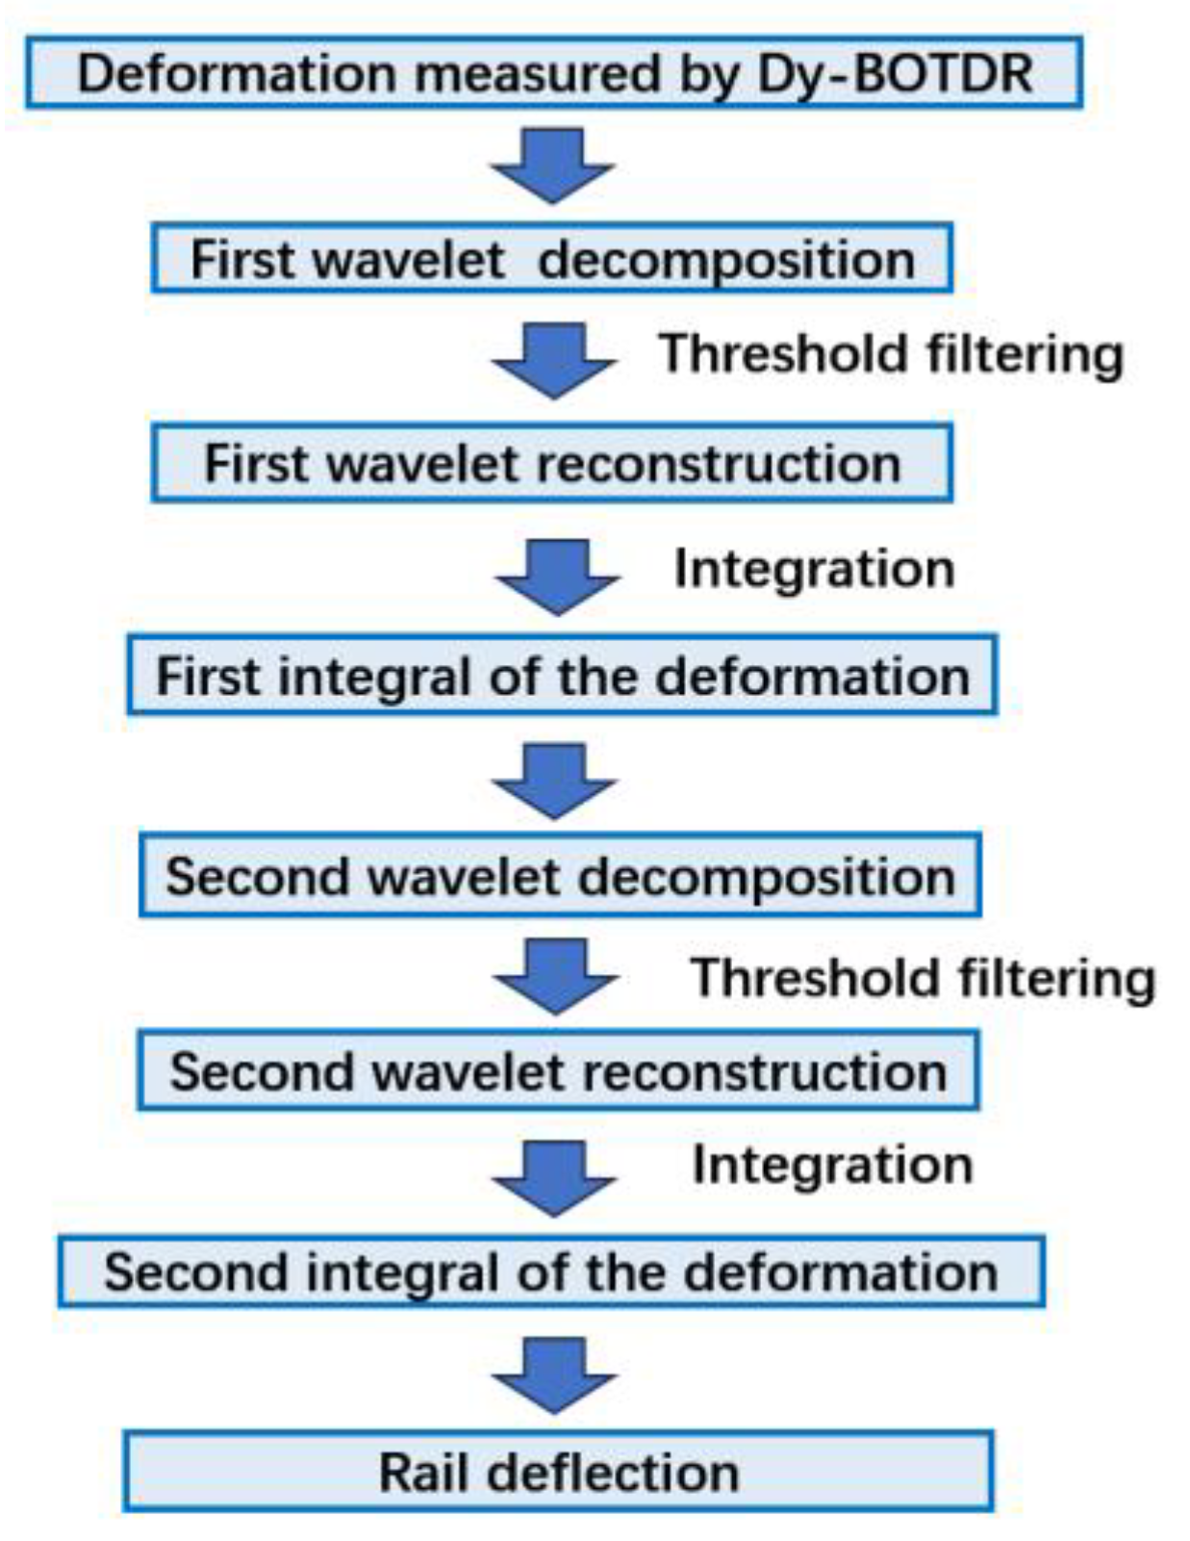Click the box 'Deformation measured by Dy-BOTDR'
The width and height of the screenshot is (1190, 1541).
[553, 72]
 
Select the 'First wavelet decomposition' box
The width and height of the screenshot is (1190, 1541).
[551, 258]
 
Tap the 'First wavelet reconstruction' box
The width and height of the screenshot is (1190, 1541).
[551, 462]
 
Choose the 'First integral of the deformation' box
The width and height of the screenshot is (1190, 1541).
[562, 675]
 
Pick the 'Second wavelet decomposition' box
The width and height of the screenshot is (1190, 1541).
[560, 875]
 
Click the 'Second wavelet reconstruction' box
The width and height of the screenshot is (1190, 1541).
[558, 1070]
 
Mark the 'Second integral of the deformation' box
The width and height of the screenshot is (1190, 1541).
[551, 1271]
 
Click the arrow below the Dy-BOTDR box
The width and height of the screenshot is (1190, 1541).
[552, 165]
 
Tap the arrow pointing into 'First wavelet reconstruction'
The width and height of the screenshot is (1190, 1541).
[553, 361]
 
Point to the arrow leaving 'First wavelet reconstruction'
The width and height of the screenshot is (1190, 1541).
[556, 577]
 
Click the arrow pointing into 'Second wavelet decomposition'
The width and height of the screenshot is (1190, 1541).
[554, 781]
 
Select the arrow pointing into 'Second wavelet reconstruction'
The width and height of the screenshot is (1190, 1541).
[555, 976]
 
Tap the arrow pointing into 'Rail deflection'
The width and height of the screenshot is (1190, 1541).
[554, 1374]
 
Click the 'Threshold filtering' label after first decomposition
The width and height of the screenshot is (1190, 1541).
[891, 354]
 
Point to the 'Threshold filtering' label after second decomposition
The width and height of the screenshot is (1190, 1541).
[923, 978]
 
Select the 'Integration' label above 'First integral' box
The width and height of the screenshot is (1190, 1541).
[814, 568]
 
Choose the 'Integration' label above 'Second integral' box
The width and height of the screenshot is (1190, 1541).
[832, 1165]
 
